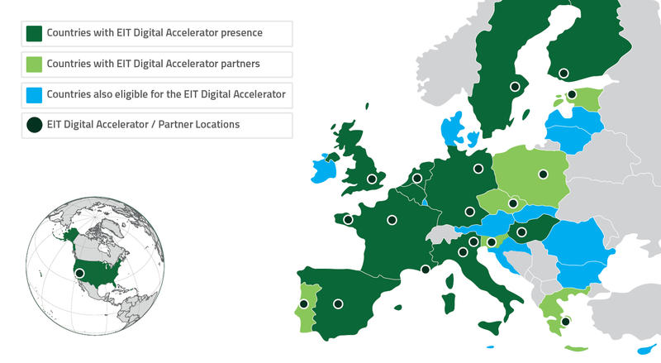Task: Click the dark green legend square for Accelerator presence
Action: pos(35,34)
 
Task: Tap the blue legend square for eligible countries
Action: pos(35,95)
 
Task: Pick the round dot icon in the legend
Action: pos(35,126)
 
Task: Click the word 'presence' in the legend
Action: pos(244,34)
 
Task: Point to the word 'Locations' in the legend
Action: pos(250,126)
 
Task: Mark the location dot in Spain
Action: pos(337,303)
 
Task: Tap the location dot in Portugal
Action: pos(304,303)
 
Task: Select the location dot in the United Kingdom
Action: pos(372,178)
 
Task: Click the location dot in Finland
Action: pos(564,73)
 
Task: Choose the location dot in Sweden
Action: pos(515,86)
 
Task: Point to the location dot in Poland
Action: pos(543,174)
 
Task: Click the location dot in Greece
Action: pos(564,321)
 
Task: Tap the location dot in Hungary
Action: pos(522,232)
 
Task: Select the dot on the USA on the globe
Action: pos(80,273)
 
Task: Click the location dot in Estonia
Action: pos(572,95)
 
